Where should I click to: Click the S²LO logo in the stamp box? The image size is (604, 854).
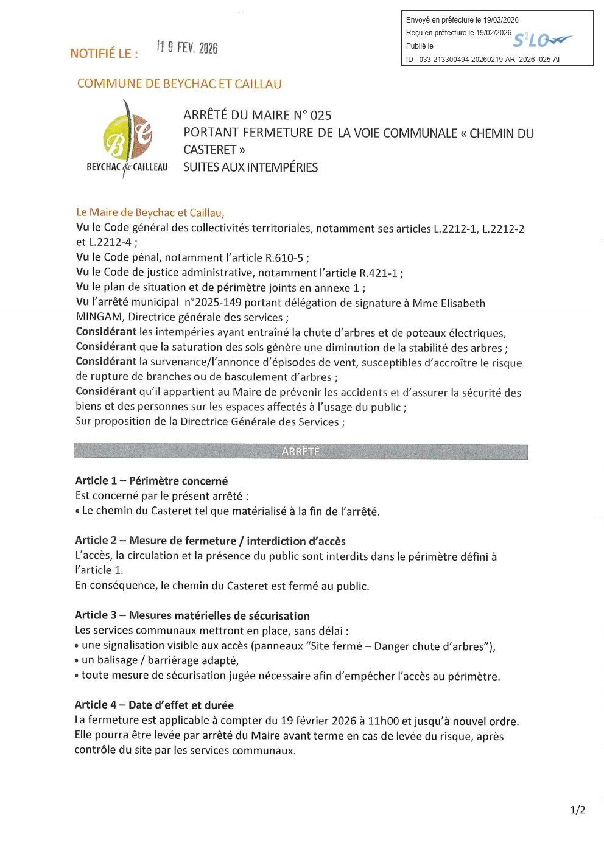click(541, 41)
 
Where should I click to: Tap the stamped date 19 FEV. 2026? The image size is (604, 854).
click(187, 47)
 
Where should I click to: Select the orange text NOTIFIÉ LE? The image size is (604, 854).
click(104, 54)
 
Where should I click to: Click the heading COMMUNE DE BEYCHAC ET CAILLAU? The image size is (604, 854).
click(180, 84)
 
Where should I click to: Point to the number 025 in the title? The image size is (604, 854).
click(321, 116)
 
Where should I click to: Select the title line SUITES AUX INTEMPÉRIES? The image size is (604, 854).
click(250, 167)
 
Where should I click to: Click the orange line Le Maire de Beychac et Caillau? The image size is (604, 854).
click(150, 212)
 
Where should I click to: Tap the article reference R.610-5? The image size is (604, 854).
click(284, 258)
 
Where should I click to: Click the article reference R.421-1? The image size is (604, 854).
click(378, 273)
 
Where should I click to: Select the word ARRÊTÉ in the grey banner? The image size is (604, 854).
click(300, 452)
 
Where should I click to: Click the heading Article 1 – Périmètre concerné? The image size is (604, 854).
click(151, 481)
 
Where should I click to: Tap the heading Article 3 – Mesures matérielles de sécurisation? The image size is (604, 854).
click(192, 615)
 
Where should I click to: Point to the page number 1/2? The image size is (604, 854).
click(577, 810)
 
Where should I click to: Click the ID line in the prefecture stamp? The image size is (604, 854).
click(482, 60)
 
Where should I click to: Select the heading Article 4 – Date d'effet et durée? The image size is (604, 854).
click(154, 705)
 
